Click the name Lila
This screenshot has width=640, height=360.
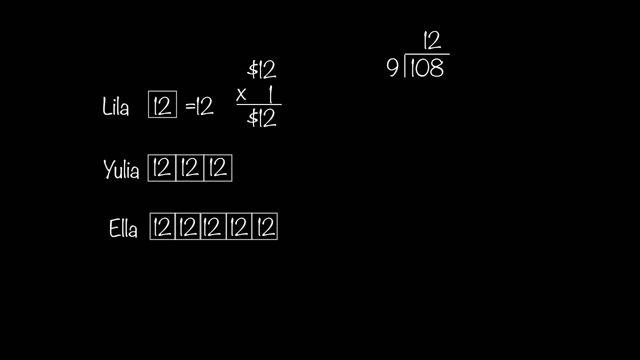tap(115, 107)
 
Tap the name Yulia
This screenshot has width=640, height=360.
tap(121, 170)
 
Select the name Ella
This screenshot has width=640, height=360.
tap(123, 229)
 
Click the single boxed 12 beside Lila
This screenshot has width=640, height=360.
tap(162, 104)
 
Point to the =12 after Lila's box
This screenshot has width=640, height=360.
tap(199, 106)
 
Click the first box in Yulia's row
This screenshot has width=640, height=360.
tap(162, 168)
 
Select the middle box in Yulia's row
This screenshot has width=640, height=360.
tap(190, 168)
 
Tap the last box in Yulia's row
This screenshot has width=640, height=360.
tap(218, 168)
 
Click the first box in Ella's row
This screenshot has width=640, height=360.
tap(162, 226)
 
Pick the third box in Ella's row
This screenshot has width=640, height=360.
tap(213, 226)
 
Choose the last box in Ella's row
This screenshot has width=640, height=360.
tap(264, 226)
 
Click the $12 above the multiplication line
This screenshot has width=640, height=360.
tap(261, 70)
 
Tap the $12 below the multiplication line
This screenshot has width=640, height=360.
tap(261, 118)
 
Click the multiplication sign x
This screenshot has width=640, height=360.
tap(242, 94)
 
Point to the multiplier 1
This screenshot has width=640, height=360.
tap(270, 94)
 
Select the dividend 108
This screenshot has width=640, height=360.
tap(426, 68)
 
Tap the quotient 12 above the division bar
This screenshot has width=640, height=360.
tap(432, 40)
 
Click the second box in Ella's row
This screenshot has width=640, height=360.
tap(187, 226)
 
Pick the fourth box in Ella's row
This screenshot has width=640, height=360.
tap(239, 226)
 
